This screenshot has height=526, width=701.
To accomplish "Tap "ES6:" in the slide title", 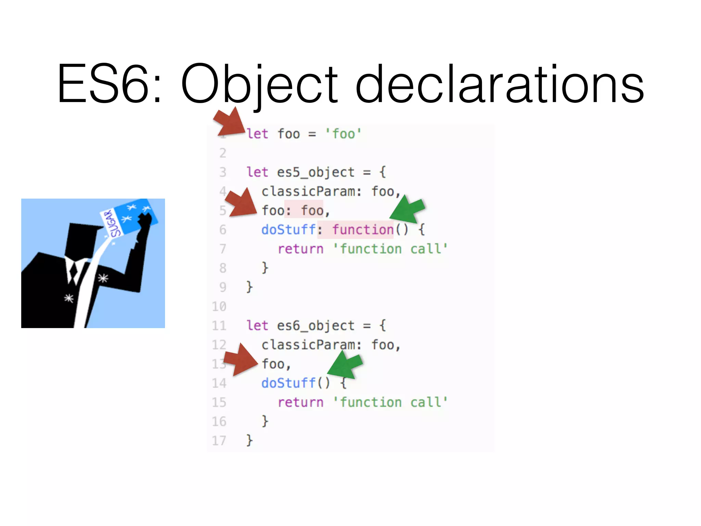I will (109, 84).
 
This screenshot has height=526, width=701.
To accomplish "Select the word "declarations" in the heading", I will (499, 84).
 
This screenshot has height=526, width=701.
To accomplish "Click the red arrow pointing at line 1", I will (229, 123).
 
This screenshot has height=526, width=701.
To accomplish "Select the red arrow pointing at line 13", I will (241, 360).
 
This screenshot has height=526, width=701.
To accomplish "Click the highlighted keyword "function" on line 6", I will (363, 230).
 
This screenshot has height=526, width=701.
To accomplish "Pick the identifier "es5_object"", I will (316, 172).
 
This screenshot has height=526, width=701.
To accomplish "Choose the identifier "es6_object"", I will (316, 326).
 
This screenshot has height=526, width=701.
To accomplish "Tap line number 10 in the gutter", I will (219, 306).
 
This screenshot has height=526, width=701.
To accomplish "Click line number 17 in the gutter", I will (219, 441).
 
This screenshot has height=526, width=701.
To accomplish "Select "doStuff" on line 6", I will (289, 230).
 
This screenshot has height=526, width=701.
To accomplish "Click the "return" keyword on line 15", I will (301, 402).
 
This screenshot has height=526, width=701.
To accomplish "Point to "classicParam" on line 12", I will (308, 345).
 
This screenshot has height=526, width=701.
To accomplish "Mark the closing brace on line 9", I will (250, 287).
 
